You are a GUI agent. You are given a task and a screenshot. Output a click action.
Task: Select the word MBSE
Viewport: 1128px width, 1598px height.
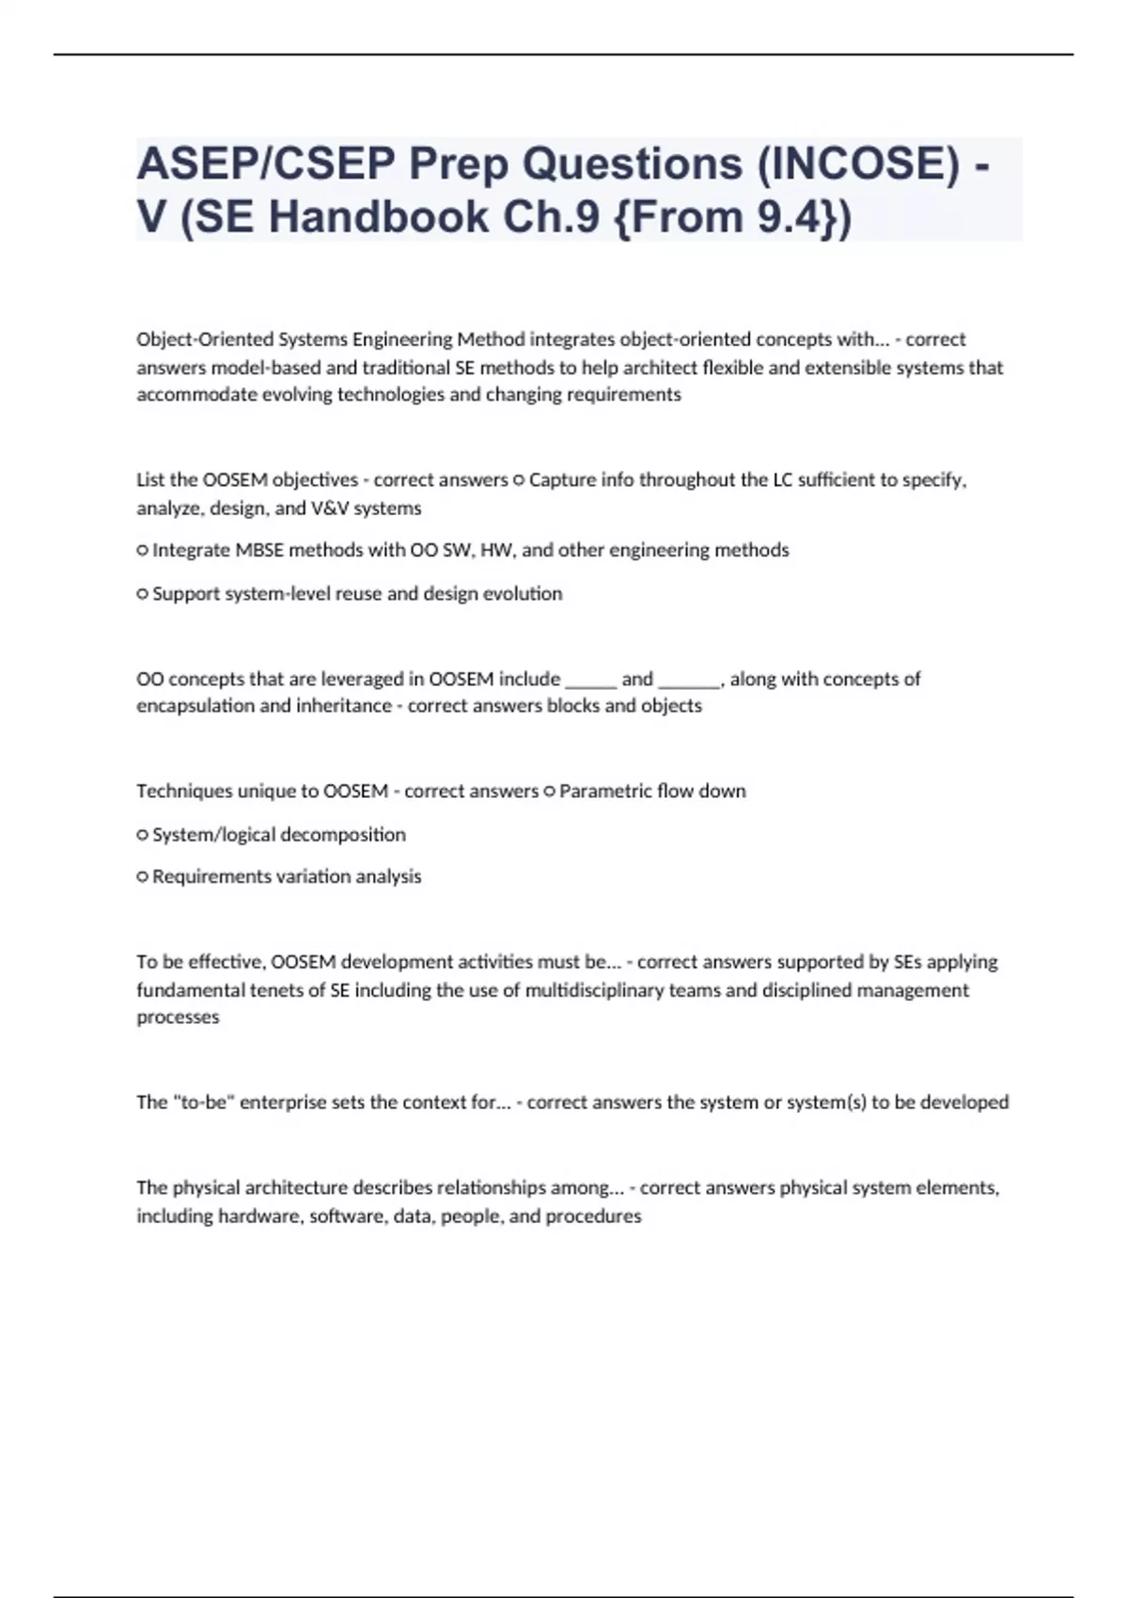258,550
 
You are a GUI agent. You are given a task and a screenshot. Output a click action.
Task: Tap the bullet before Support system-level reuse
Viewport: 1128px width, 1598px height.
143,594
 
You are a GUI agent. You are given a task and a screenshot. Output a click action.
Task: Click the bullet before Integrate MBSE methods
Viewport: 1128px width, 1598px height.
143,551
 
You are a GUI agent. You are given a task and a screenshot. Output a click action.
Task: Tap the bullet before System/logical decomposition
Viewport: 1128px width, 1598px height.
143,835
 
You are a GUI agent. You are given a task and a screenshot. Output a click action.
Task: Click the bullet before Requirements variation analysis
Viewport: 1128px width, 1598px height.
143,877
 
